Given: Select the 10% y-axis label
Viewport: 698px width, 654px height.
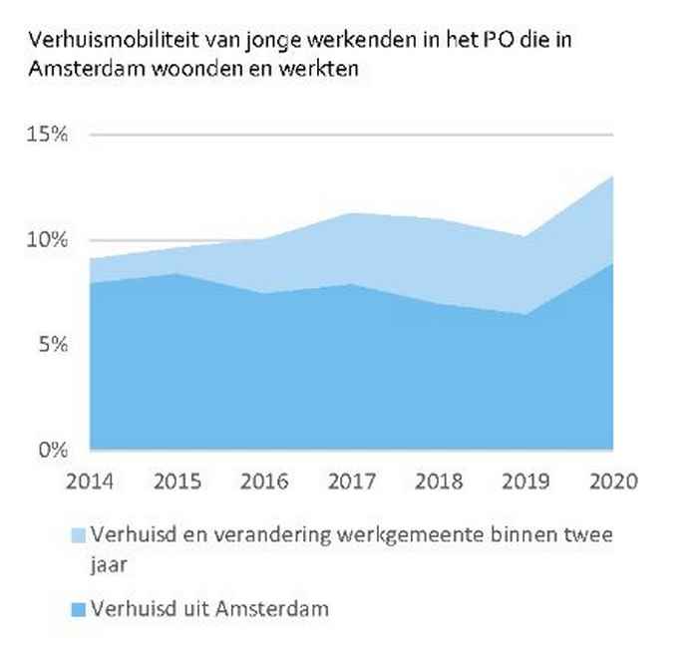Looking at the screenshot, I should pyautogui.click(x=47, y=240).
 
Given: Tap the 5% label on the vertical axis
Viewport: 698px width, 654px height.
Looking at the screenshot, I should pyautogui.click(x=52, y=345).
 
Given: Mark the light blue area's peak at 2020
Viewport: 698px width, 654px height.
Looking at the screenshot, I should pyautogui.click(x=610, y=176).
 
